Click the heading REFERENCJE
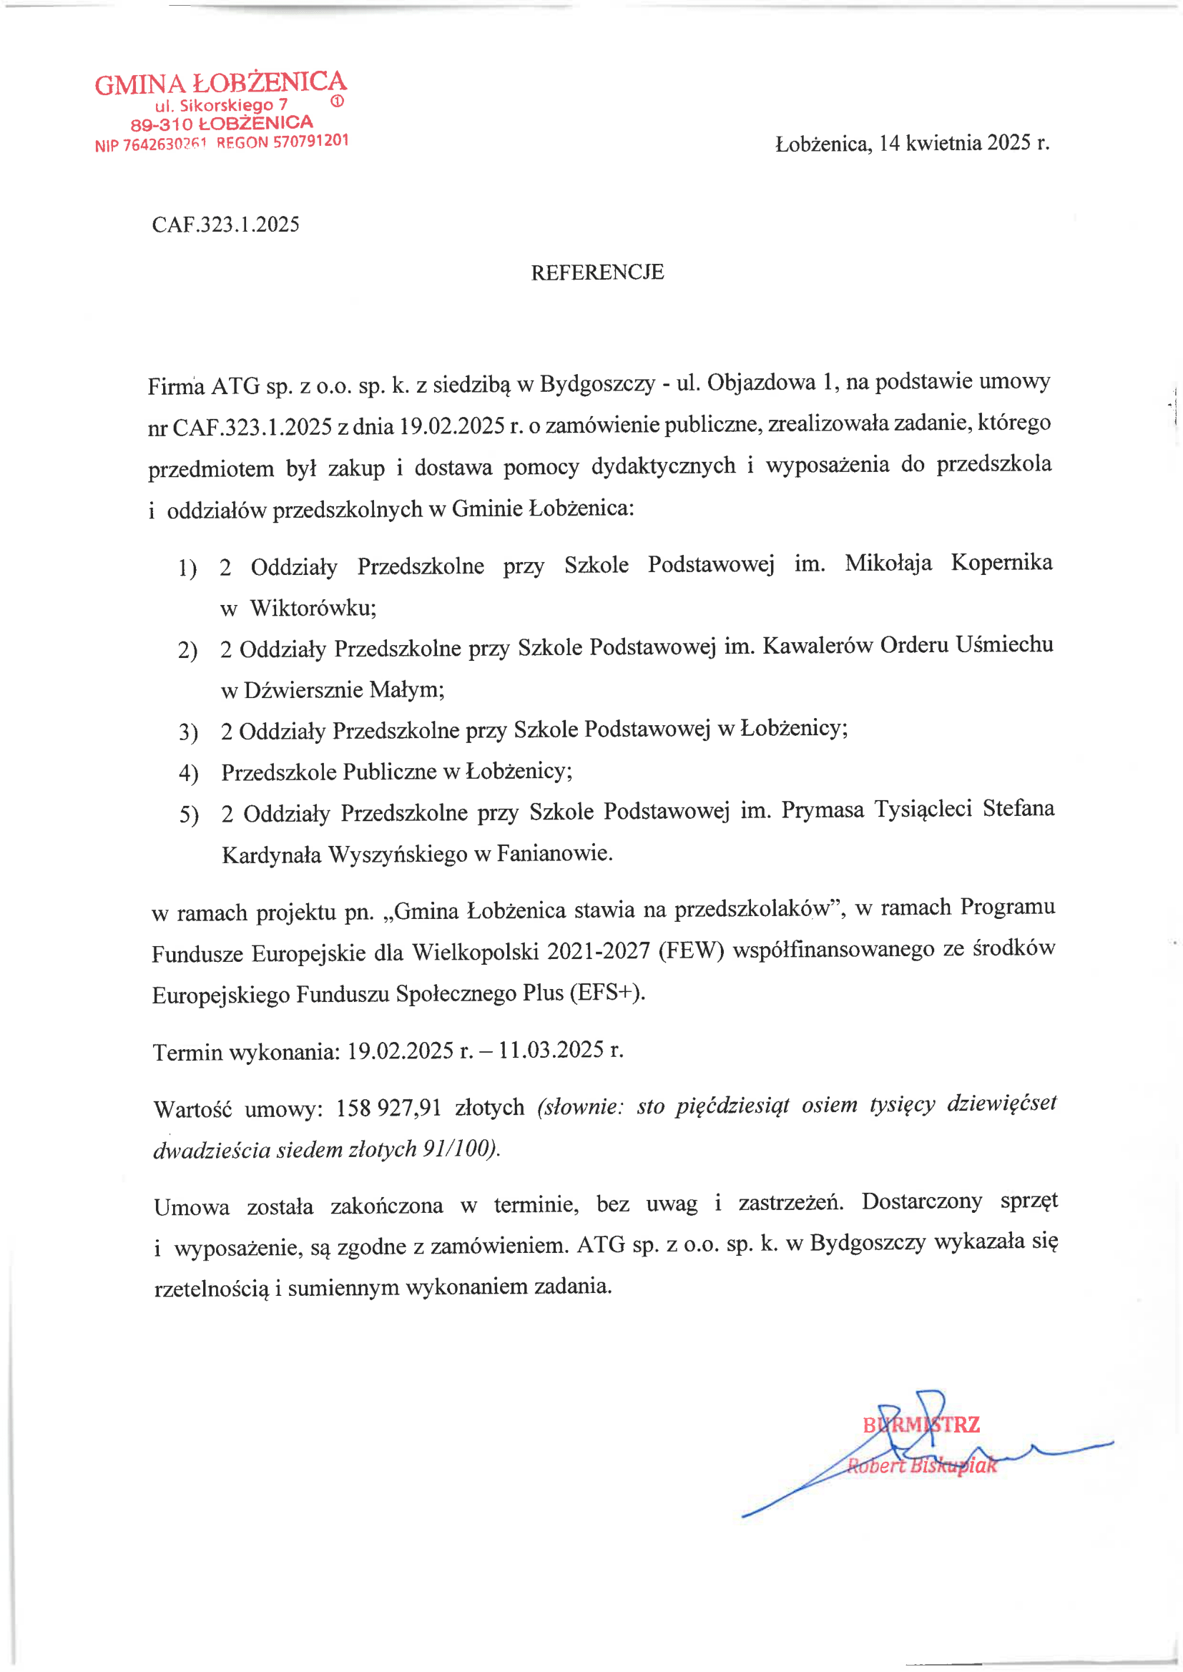[597, 272]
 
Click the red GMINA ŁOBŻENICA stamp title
[220, 83]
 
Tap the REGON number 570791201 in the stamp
[310, 142]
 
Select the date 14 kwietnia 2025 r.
[963, 143]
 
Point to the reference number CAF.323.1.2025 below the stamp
[225, 225]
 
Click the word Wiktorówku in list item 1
[313, 607]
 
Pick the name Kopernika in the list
[1001, 562]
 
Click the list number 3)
[188, 731]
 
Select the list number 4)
[188, 772]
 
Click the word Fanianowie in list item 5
[554, 852]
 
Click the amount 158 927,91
[388, 1108]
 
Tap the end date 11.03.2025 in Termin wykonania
[551, 1049]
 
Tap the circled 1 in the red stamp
[337, 102]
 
